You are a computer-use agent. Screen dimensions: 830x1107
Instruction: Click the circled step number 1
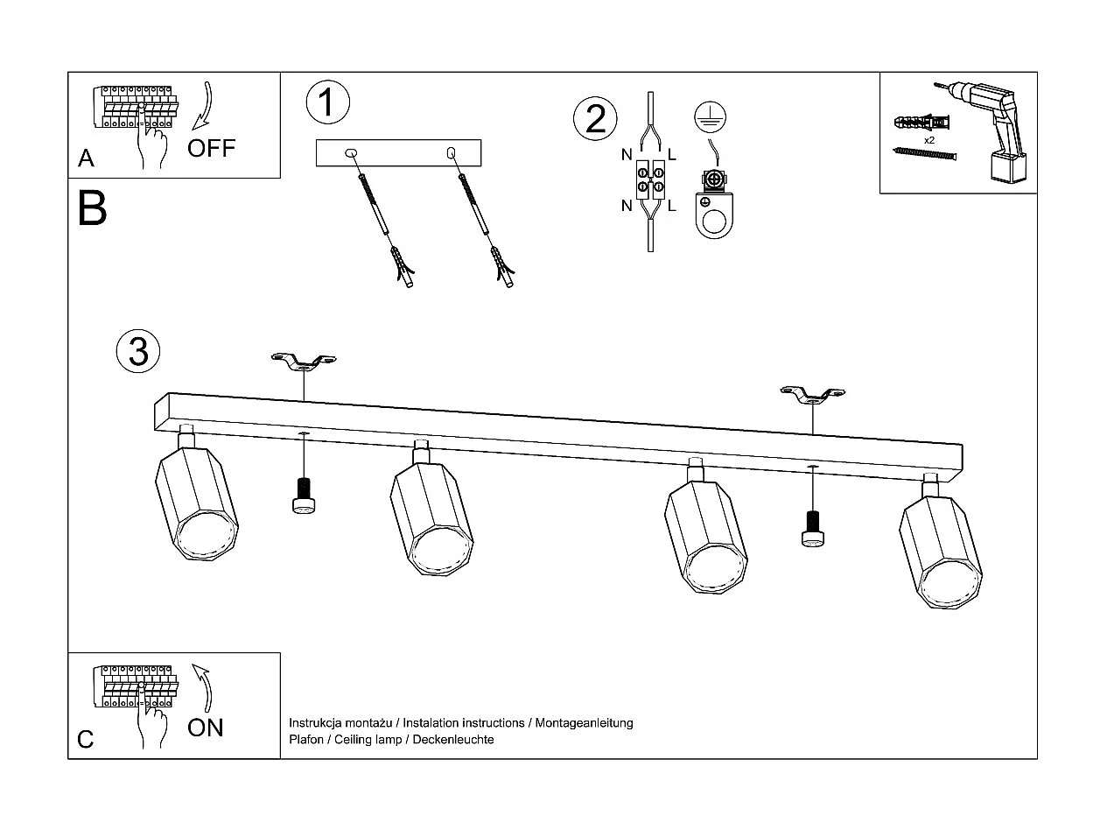327,102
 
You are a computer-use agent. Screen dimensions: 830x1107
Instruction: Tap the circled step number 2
595,119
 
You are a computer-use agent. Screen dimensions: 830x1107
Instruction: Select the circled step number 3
138,351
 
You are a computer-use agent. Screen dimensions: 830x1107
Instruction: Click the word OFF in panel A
212,147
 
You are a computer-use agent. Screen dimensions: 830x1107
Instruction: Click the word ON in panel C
206,727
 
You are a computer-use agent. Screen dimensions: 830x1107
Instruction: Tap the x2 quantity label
928,140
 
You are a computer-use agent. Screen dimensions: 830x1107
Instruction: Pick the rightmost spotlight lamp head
942,550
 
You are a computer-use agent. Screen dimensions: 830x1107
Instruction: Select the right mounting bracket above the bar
813,396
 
